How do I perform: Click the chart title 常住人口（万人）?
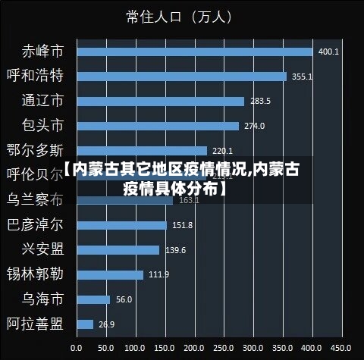point(180,16)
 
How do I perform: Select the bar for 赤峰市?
point(194,52)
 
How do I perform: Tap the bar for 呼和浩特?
point(181,77)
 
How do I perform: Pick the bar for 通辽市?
point(160,101)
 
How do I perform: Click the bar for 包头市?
point(157,126)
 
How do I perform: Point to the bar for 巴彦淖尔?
point(121,225)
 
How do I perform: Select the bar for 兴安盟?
point(118,249)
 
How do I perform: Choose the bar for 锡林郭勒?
point(109,274)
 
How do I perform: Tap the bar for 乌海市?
point(93,299)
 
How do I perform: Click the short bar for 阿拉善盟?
point(84,324)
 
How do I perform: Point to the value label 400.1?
point(328,52)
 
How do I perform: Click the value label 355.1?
point(302,77)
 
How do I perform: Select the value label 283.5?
point(260,102)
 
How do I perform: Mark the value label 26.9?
point(106,324)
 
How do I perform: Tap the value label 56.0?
point(124,299)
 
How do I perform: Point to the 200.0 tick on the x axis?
point(194,347)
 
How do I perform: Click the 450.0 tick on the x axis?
point(342,347)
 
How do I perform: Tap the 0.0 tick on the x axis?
point(76,347)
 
